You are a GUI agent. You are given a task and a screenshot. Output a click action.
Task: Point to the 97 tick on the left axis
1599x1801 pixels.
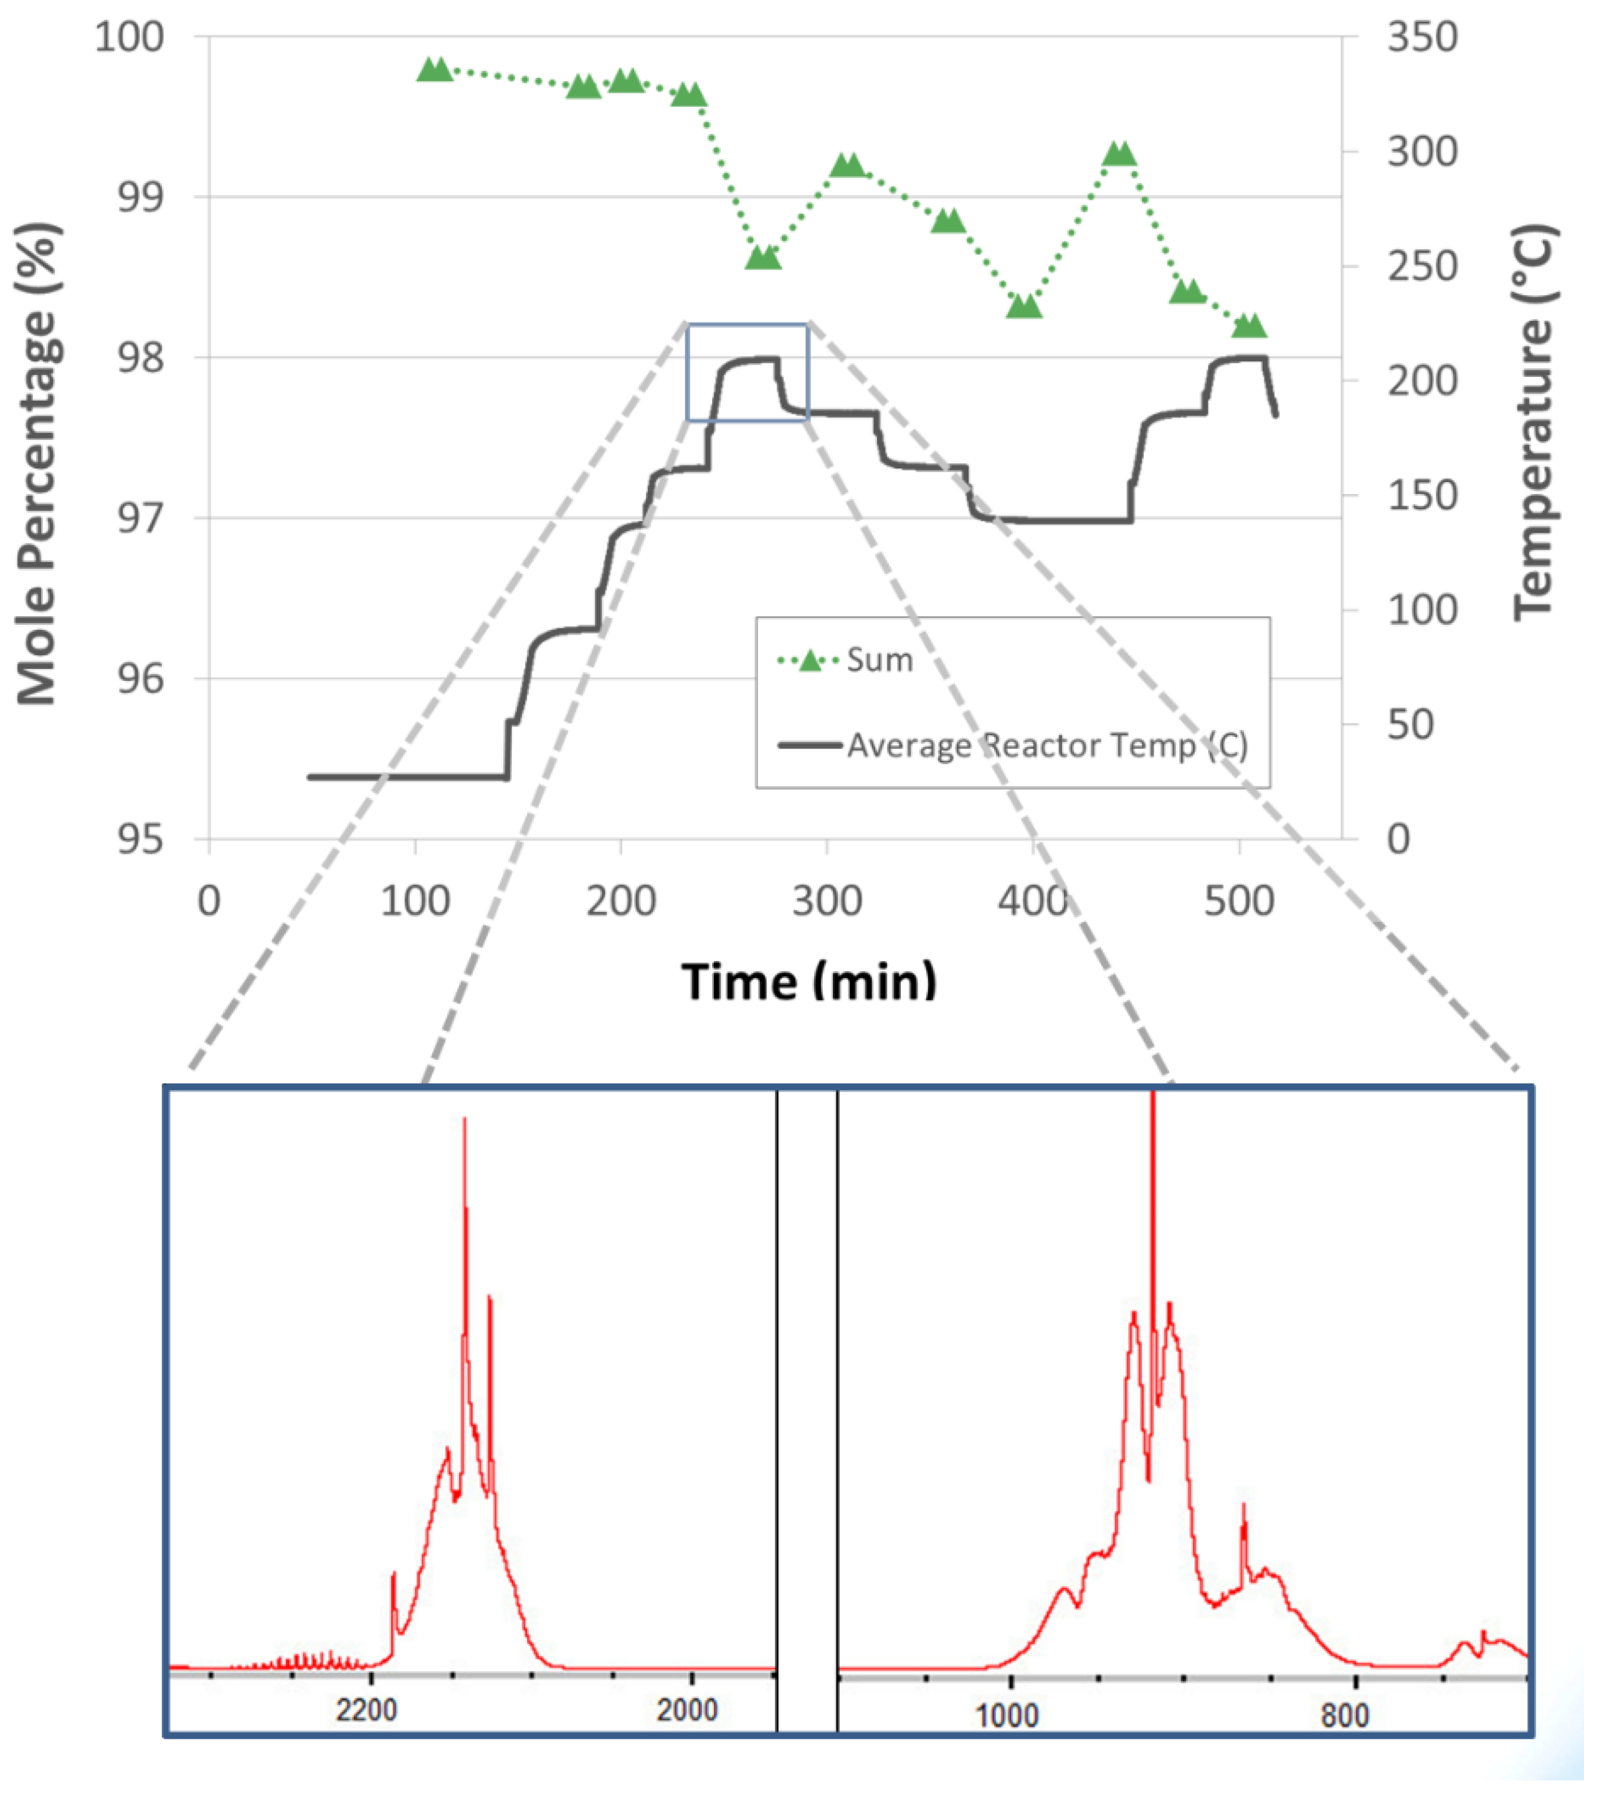(140, 518)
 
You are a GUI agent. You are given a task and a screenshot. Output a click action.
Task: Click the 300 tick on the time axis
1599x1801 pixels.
(827, 901)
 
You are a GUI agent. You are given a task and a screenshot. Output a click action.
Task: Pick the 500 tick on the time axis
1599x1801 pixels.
(1239, 901)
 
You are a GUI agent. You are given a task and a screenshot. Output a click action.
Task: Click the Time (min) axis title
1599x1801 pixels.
(809, 981)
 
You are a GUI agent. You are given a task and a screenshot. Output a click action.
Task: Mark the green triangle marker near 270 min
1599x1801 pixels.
(763, 257)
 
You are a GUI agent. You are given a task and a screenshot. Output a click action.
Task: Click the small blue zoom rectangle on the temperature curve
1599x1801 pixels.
(747, 372)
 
